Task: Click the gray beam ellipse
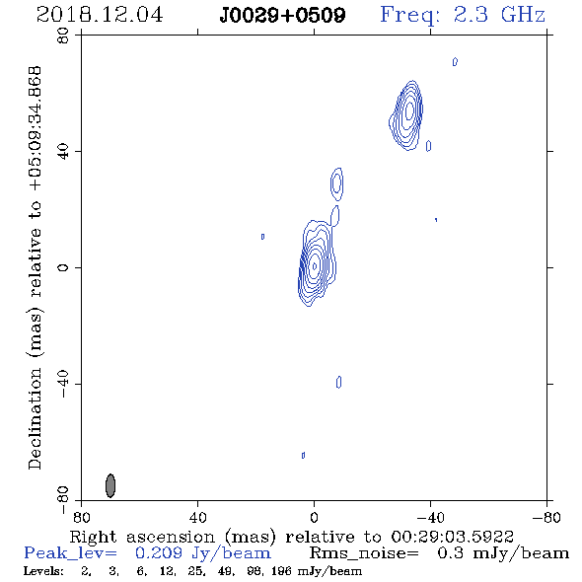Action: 110,485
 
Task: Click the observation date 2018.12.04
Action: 100,15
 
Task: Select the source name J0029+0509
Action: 282,15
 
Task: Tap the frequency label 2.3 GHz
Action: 499,15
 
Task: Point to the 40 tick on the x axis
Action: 197,517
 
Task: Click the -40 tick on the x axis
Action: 430,517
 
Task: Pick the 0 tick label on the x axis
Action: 314,517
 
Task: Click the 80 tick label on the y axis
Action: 63,36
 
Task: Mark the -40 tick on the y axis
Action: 63,384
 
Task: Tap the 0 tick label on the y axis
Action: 63,267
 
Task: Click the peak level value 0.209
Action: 159,553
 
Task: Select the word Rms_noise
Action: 364,553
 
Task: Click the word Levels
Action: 43,571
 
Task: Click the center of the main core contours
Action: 315,265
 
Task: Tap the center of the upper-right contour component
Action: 408,110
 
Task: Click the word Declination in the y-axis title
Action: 35,418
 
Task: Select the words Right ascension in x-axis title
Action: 142,537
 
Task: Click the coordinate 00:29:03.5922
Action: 453,537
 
